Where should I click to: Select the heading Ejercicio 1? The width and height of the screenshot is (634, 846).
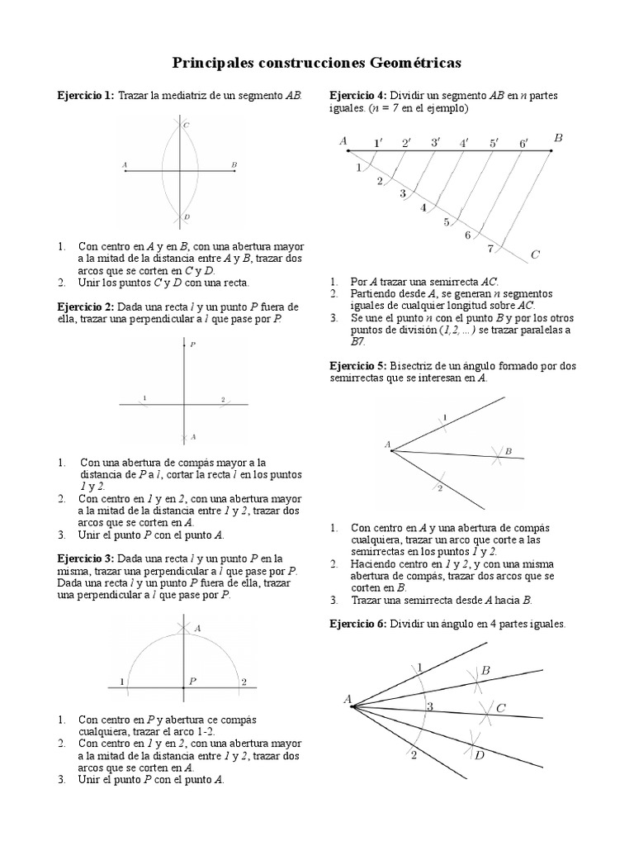coord(86,96)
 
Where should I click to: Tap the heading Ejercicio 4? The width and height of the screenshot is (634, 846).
coord(358,95)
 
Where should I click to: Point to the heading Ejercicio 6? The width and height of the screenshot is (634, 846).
coord(358,624)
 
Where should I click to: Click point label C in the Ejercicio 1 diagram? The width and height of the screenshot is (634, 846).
coord(187,125)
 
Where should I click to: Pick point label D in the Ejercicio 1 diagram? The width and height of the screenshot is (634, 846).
coord(187,217)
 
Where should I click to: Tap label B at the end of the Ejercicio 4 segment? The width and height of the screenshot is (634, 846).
coord(558,139)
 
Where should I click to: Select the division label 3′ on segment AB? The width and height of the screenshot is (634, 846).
coord(435,143)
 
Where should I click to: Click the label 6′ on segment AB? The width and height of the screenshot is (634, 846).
coord(523,144)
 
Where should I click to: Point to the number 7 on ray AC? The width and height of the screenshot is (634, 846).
coord(490,248)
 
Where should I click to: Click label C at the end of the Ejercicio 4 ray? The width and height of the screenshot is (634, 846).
coord(535,255)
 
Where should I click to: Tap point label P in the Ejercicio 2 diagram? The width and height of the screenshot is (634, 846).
coord(192,344)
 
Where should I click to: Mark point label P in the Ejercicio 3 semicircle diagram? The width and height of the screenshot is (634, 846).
coord(192,682)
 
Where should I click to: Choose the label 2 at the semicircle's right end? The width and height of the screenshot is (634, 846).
coord(244,682)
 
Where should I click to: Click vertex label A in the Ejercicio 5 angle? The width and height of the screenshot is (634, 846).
coord(387,444)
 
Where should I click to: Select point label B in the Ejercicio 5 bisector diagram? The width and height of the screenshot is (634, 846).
coord(509,451)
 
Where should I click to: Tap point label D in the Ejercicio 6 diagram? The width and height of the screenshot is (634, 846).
coord(480,754)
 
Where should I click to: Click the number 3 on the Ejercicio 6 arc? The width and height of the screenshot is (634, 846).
coord(429,706)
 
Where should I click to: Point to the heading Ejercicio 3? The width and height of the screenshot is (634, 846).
coord(86,558)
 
